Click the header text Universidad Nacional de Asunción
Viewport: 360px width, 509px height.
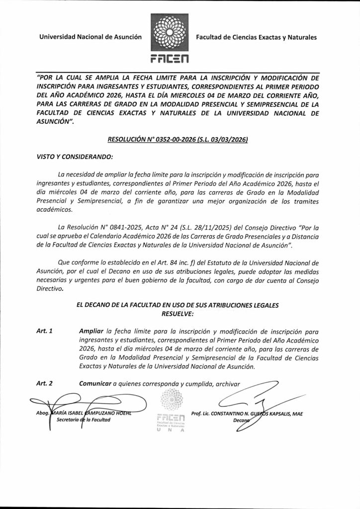point(91,37)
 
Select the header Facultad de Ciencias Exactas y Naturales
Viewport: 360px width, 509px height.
point(256,37)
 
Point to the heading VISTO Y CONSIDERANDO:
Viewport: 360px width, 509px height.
point(75,157)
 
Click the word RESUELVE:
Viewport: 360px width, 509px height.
point(179,314)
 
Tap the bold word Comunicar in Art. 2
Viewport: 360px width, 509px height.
point(95,383)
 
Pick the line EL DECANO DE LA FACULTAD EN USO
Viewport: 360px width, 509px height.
point(180,305)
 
